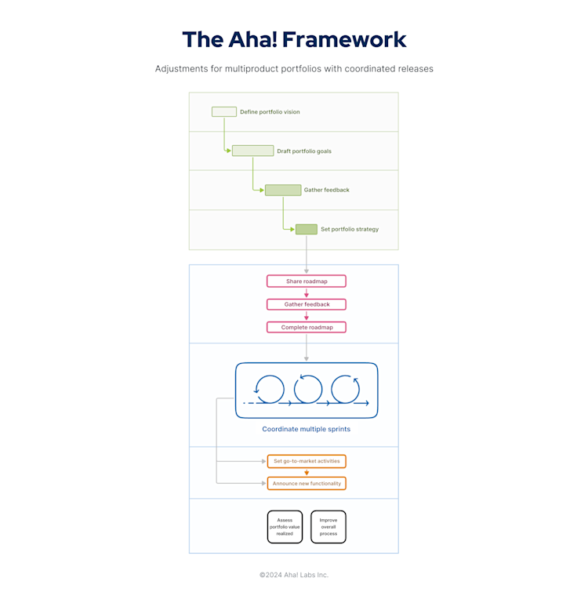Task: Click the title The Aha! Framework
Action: (294, 39)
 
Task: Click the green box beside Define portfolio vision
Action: (224, 112)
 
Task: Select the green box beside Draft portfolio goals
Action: (252, 151)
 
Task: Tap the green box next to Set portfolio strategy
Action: (307, 229)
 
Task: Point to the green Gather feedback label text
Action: (327, 190)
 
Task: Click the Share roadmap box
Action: (306, 281)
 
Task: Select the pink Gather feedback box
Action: (306, 304)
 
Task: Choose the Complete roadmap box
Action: (306, 327)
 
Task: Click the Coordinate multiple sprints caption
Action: (306, 429)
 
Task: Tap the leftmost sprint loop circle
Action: (270, 389)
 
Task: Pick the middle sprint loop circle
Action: (308, 389)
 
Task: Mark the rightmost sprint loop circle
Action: (346, 389)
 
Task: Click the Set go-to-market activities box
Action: (307, 461)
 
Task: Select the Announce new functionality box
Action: (307, 483)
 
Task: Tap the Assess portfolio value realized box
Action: (285, 527)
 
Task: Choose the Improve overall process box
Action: (328, 527)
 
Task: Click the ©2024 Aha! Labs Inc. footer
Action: (294, 575)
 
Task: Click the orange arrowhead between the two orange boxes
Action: (307, 473)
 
